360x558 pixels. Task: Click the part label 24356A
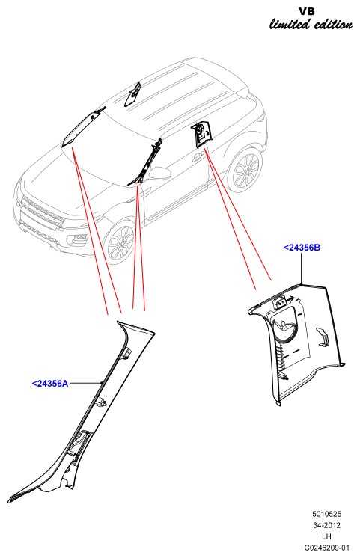point(50,384)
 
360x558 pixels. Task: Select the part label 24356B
point(302,248)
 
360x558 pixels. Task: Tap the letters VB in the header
point(307,11)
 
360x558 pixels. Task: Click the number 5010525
point(327,514)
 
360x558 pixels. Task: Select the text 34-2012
point(327,525)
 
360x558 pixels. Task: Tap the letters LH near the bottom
point(326,536)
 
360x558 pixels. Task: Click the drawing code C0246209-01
point(327,548)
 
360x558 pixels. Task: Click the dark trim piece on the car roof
point(132,94)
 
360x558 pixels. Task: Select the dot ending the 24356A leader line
point(102,383)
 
